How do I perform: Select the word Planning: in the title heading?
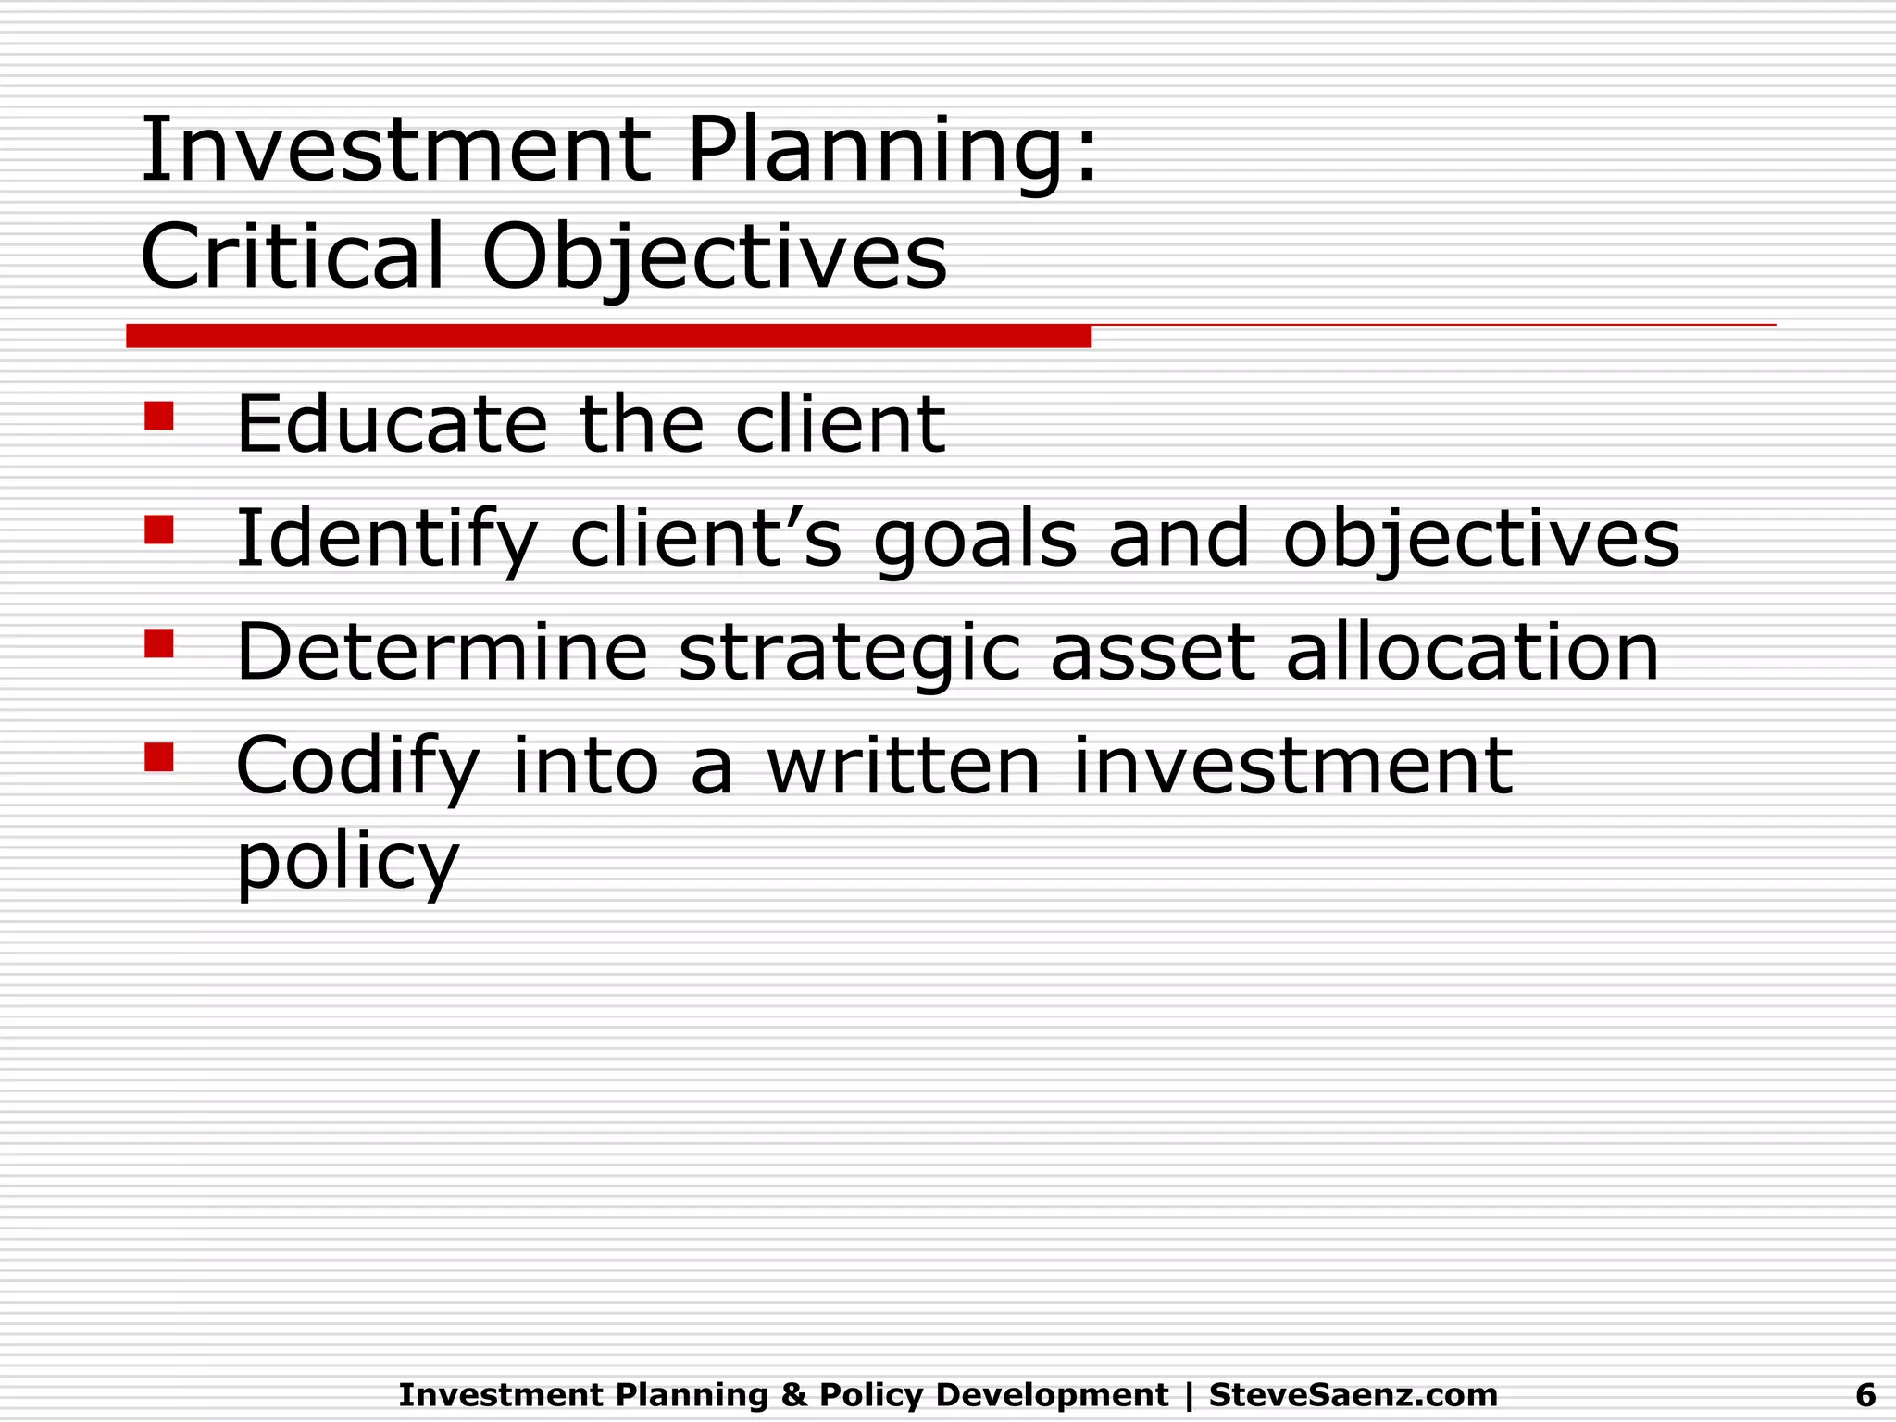[892, 152]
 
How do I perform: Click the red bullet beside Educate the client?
[159, 417]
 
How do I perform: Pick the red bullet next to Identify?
[159, 530]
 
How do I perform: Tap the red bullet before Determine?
[159, 643]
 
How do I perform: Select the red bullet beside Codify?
[159, 757]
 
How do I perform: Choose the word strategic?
[849, 655]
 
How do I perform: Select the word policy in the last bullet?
[347, 864]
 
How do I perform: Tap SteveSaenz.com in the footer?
[1353, 1394]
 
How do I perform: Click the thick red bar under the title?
[608, 336]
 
